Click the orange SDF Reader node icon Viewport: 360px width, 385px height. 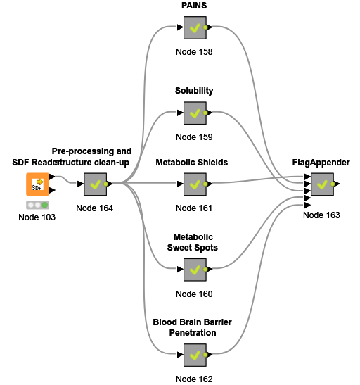coord(37,184)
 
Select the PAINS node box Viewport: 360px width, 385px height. coord(195,27)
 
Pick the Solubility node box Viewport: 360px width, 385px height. coord(195,113)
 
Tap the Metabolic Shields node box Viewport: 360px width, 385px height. coord(195,184)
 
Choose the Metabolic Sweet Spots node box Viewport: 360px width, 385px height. coord(195,270)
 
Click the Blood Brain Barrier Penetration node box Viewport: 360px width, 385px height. coord(195,355)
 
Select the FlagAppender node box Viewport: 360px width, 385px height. coord(322,184)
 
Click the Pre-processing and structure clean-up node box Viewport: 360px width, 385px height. coord(95,184)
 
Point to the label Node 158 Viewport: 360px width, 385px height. coord(194,52)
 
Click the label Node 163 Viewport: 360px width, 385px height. coord(321,215)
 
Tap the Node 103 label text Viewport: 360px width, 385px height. coord(37,217)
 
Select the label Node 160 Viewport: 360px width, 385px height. coord(194,294)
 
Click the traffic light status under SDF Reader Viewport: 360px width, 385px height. coord(37,205)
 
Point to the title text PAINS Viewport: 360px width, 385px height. coord(194,6)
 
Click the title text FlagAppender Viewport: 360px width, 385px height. coord(321,163)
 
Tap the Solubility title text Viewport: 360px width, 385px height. coord(194,91)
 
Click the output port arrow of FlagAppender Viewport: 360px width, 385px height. coord(337,184)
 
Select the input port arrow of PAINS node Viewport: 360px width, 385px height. coord(180,27)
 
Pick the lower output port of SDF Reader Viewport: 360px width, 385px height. coord(52,190)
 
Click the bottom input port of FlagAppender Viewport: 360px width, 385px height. coord(307,205)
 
